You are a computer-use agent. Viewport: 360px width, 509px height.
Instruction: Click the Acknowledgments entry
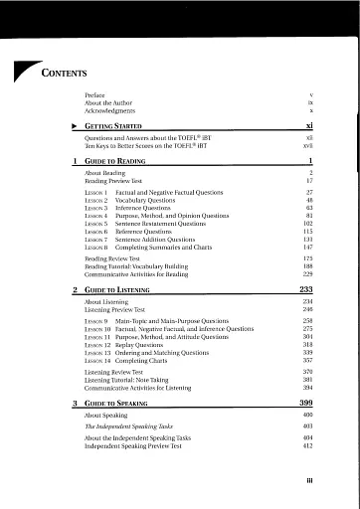[x=110, y=109]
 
